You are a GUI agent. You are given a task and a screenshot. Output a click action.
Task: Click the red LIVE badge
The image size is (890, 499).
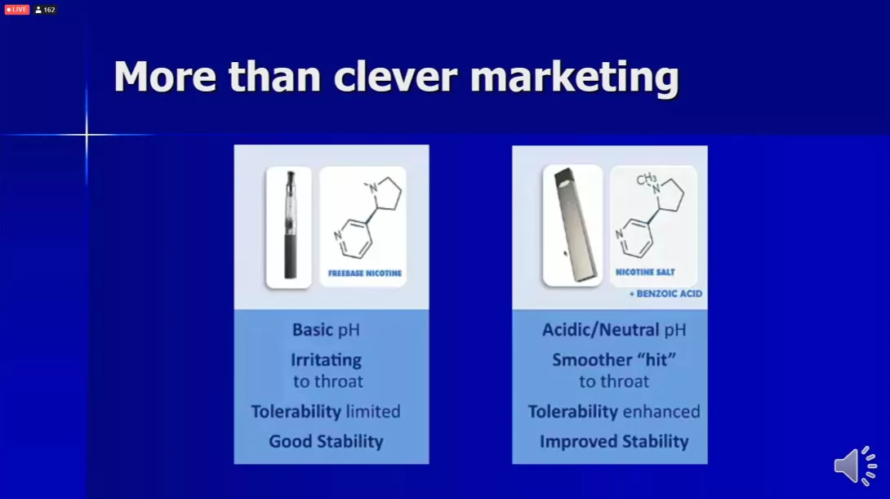16,10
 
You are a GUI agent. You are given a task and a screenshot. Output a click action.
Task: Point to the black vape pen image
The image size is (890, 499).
289,227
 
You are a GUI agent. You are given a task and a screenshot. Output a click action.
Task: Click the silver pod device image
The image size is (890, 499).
572,225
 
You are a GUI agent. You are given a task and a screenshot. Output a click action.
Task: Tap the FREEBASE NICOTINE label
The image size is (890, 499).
364,273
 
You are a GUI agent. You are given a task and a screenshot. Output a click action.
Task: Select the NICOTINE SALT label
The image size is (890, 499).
645,272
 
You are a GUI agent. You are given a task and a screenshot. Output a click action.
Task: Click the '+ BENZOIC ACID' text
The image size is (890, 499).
665,293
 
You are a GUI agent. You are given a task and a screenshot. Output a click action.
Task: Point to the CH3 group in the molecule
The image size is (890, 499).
646,180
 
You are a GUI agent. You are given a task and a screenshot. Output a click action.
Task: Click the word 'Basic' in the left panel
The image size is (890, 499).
312,330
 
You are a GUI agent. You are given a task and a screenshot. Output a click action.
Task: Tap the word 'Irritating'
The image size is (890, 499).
326,360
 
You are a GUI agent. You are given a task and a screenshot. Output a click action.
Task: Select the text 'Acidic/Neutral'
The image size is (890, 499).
600,330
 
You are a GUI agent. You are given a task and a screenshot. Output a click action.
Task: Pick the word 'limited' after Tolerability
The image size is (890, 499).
373,411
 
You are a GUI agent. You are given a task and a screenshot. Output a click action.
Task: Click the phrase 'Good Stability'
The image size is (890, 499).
326,441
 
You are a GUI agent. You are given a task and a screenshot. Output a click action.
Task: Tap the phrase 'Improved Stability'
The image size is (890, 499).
614,441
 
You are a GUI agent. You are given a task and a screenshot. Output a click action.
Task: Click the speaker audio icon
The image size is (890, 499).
856,466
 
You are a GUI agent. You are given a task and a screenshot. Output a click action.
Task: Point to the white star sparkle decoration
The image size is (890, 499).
87,135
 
